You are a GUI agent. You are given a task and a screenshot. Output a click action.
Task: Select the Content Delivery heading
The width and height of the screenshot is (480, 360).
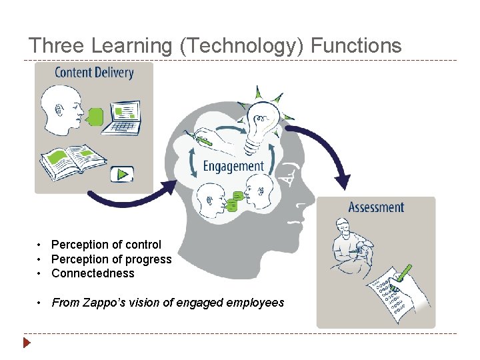point(94,73)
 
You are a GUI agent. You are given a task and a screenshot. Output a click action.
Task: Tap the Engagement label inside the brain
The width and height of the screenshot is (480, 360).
point(233,166)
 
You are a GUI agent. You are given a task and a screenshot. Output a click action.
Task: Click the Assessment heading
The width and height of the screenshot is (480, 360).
point(376,207)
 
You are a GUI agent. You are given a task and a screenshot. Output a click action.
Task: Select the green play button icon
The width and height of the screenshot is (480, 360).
point(122,174)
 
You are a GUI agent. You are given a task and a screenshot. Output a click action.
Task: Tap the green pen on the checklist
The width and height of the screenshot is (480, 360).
point(404,273)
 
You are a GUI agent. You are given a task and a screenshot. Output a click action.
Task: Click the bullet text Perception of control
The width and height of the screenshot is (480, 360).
point(106,245)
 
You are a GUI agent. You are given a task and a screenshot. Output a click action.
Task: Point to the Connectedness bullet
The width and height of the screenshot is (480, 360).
point(93,273)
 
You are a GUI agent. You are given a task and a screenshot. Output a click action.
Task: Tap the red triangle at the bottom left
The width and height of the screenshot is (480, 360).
point(26,343)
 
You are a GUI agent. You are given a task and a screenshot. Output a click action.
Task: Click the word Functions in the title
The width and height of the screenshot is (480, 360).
point(357,46)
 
